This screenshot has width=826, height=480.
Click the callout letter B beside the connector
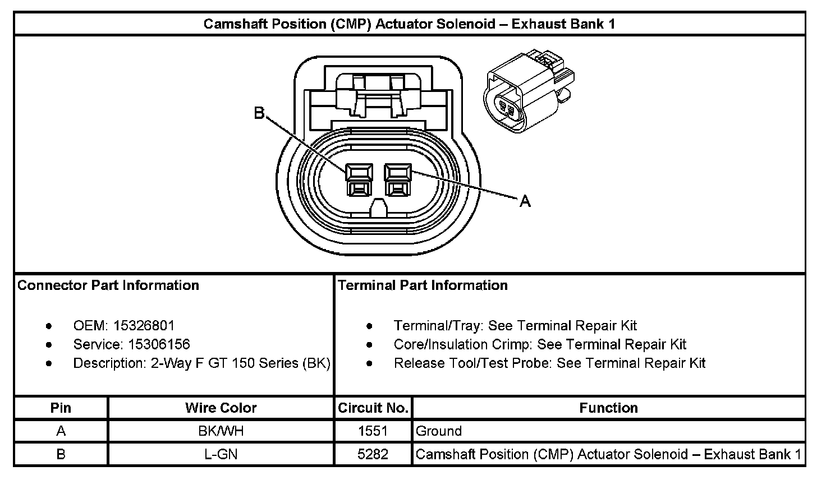click(259, 113)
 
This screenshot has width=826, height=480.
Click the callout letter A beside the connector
click(525, 201)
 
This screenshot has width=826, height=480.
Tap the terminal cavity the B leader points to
click(359, 180)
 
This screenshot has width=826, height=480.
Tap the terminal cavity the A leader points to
click(397, 180)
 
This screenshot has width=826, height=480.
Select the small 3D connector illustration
click(529, 90)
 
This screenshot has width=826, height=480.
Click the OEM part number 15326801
click(144, 326)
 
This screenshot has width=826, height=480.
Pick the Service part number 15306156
click(159, 344)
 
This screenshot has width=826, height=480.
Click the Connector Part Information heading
click(108, 285)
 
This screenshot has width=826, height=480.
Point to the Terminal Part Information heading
click(423, 285)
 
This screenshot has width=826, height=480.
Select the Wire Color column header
click(221, 408)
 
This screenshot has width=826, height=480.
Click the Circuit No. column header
click(373, 408)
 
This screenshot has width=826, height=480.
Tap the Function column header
click(608, 408)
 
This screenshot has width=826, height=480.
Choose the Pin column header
click(61, 408)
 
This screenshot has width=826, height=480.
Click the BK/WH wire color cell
click(221, 431)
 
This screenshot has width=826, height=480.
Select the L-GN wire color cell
click(221, 454)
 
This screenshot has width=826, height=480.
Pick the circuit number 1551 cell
click(373, 431)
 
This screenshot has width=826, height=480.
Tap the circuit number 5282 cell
click(373, 454)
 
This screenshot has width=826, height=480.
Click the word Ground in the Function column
click(438, 431)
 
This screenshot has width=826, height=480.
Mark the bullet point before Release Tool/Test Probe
click(369, 363)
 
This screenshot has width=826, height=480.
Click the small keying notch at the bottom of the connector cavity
click(378, 208)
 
